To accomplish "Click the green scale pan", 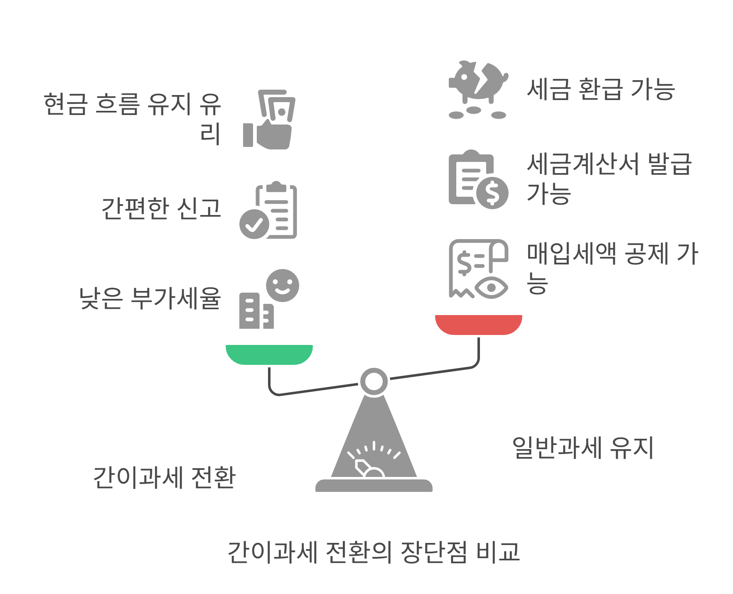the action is point(269,354).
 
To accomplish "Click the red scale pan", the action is point(478,324).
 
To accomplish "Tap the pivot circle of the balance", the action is point(374,381).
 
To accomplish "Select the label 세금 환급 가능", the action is point(600,89).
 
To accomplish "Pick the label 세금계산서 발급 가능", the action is point(609,178).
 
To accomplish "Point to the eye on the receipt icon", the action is point(492,287).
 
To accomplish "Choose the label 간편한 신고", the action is point(161,208).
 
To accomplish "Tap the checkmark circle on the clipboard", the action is point(254,224).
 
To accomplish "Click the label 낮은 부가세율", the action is point(150,298).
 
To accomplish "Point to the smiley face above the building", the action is point(283,286).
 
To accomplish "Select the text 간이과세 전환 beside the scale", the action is point(165,477).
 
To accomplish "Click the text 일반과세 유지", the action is point(583,448).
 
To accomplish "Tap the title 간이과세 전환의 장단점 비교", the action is point(374,552).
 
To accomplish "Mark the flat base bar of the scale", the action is point(374,486).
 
